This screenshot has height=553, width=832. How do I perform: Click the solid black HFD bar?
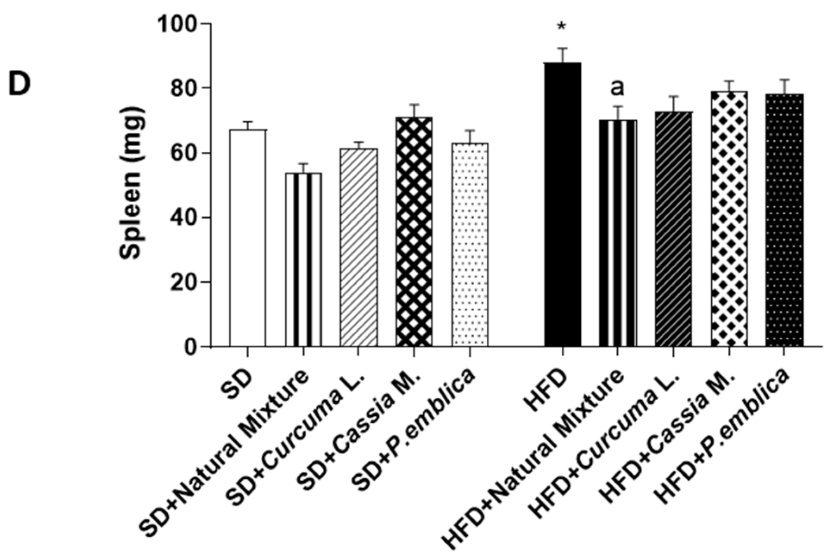click(x=563, y=205)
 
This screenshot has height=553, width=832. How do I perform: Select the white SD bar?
click(x=248, y=237)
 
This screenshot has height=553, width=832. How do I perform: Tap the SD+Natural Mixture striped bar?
click(x=303, y=259)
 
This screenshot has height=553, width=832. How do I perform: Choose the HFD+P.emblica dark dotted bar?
click(x=784, y=220)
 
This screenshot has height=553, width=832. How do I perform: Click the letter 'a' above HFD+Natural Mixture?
click(x=617, y=88)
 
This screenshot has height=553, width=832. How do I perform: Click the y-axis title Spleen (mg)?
click(x=131, y=183)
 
